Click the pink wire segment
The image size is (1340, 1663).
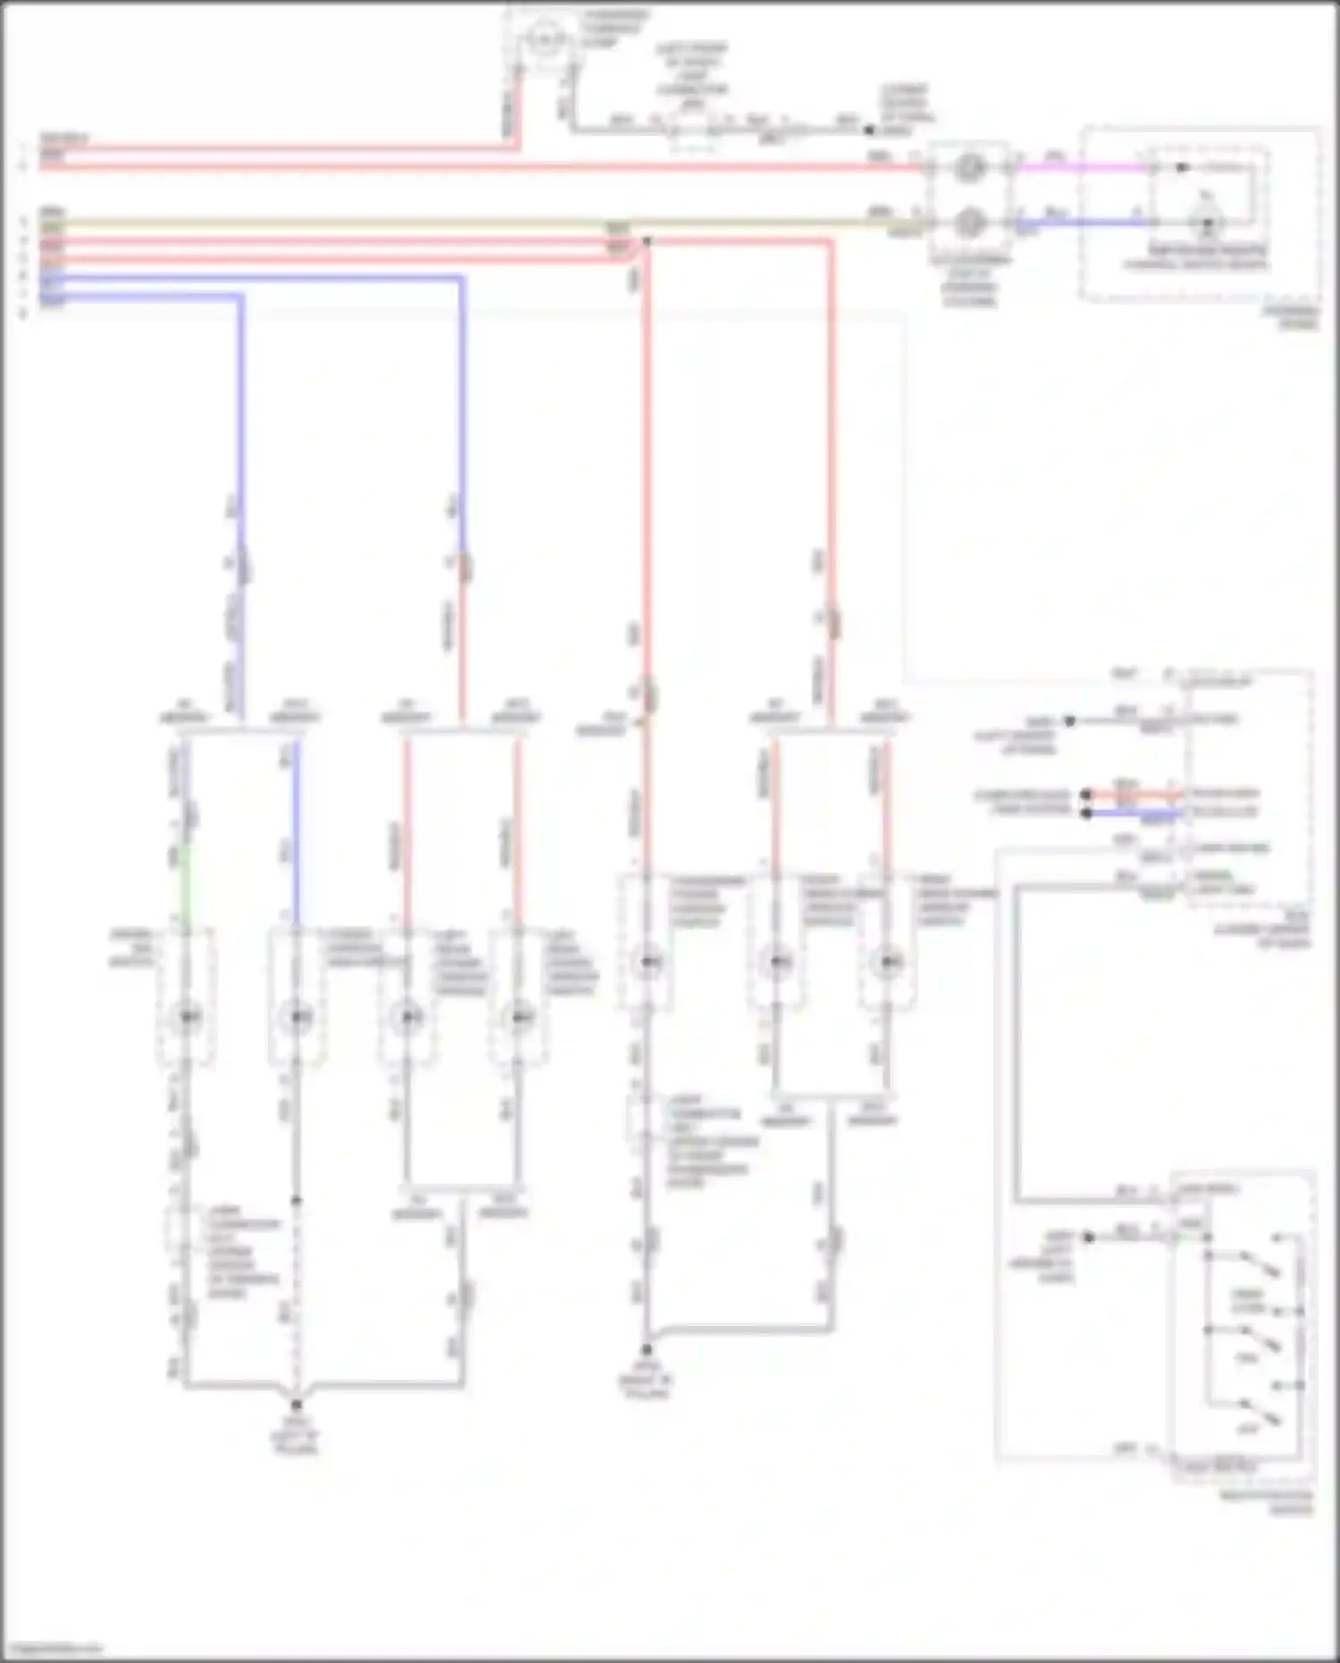pos(1081,167)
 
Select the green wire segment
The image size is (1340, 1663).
pos(186,885)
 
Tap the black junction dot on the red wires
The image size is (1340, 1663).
pos(647,241)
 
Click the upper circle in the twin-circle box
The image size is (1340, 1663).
pos(969,167)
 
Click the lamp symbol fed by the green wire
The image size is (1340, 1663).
pos(186,1017)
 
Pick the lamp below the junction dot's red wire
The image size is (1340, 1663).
pos(647,962)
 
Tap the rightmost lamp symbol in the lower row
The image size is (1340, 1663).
pos(886,962)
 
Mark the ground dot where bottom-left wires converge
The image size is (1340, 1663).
pos(297,1406)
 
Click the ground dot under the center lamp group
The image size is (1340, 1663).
pos(647,1350)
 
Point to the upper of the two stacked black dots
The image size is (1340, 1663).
pos(1086,794)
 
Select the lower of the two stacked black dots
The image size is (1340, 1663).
pos(1086,813)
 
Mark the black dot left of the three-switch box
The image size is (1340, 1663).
pos(1088,1238)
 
